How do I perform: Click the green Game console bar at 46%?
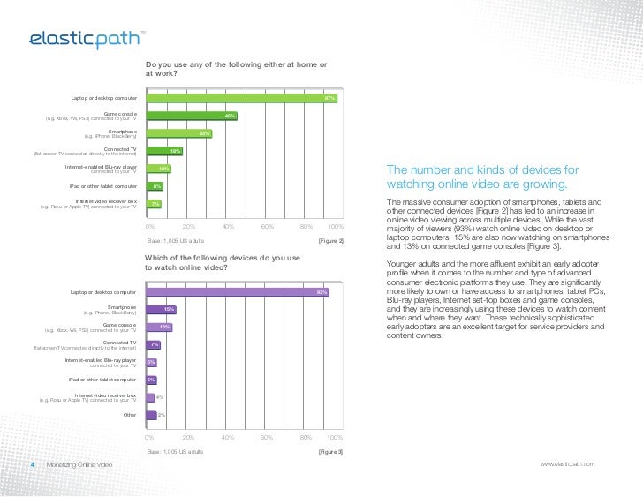(192, 116)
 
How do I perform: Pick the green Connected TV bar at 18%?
(163, 151)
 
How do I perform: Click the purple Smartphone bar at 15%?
(162, 309)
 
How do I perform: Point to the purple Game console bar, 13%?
(159, 327)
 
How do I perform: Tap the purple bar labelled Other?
(151, 415)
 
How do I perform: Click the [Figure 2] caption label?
(330, 241)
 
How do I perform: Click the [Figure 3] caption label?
(330, 452)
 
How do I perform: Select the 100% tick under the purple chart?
(335, 438)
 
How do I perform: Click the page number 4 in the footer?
(33, 464)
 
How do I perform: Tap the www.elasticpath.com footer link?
(574, 464)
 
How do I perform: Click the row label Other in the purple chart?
(130, 414)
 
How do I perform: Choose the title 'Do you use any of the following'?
(236, 69)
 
